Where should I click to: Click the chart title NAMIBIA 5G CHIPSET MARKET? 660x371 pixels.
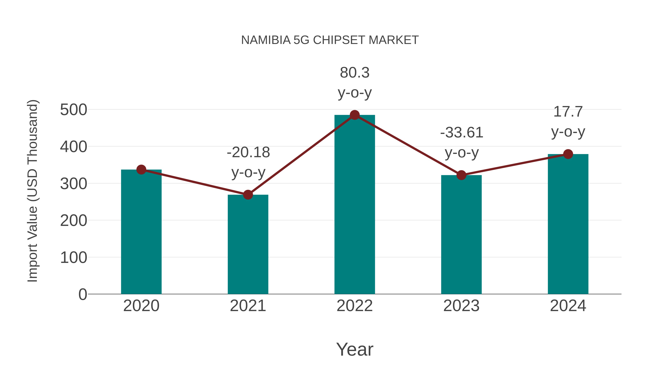(x=330, y=40)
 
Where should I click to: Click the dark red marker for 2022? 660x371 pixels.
(x=355, y=115)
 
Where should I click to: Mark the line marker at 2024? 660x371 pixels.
(x=568, y=154)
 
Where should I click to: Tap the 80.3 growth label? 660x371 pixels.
(x=355, y=73)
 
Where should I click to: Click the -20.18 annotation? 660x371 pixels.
(x=248, y=153)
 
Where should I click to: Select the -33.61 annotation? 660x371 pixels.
(x=461, y=133)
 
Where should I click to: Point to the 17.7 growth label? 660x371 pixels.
(x=568, y=112)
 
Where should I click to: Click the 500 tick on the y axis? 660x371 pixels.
(x=74, y=110)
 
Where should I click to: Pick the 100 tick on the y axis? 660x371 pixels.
(x=74, y=258)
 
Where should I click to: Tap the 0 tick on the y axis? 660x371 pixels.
(x=82, y=294)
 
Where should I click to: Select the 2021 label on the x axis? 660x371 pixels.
(x=248, y=306)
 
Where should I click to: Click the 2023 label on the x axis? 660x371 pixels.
(x=461, y=306)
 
